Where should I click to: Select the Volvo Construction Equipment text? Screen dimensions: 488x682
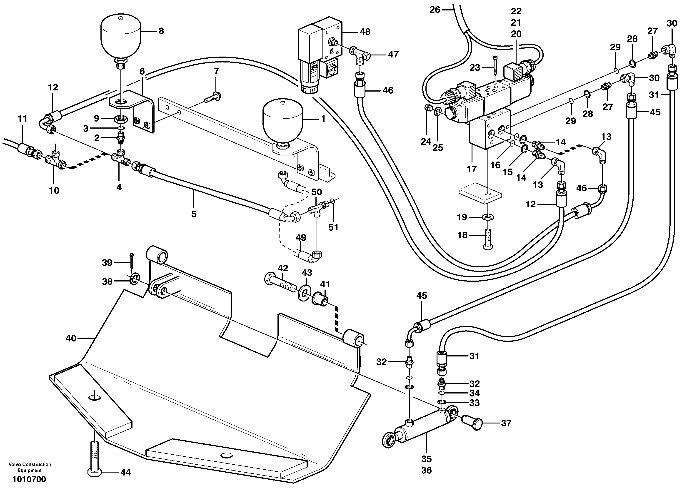(30, 467)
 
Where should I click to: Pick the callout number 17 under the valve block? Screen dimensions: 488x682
(472, 169)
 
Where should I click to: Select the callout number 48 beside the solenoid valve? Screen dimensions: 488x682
(365, 32)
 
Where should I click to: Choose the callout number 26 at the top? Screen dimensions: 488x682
(435, 10)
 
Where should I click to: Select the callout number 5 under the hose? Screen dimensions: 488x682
(194, 214)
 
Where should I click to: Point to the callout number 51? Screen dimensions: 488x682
(333, 227)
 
